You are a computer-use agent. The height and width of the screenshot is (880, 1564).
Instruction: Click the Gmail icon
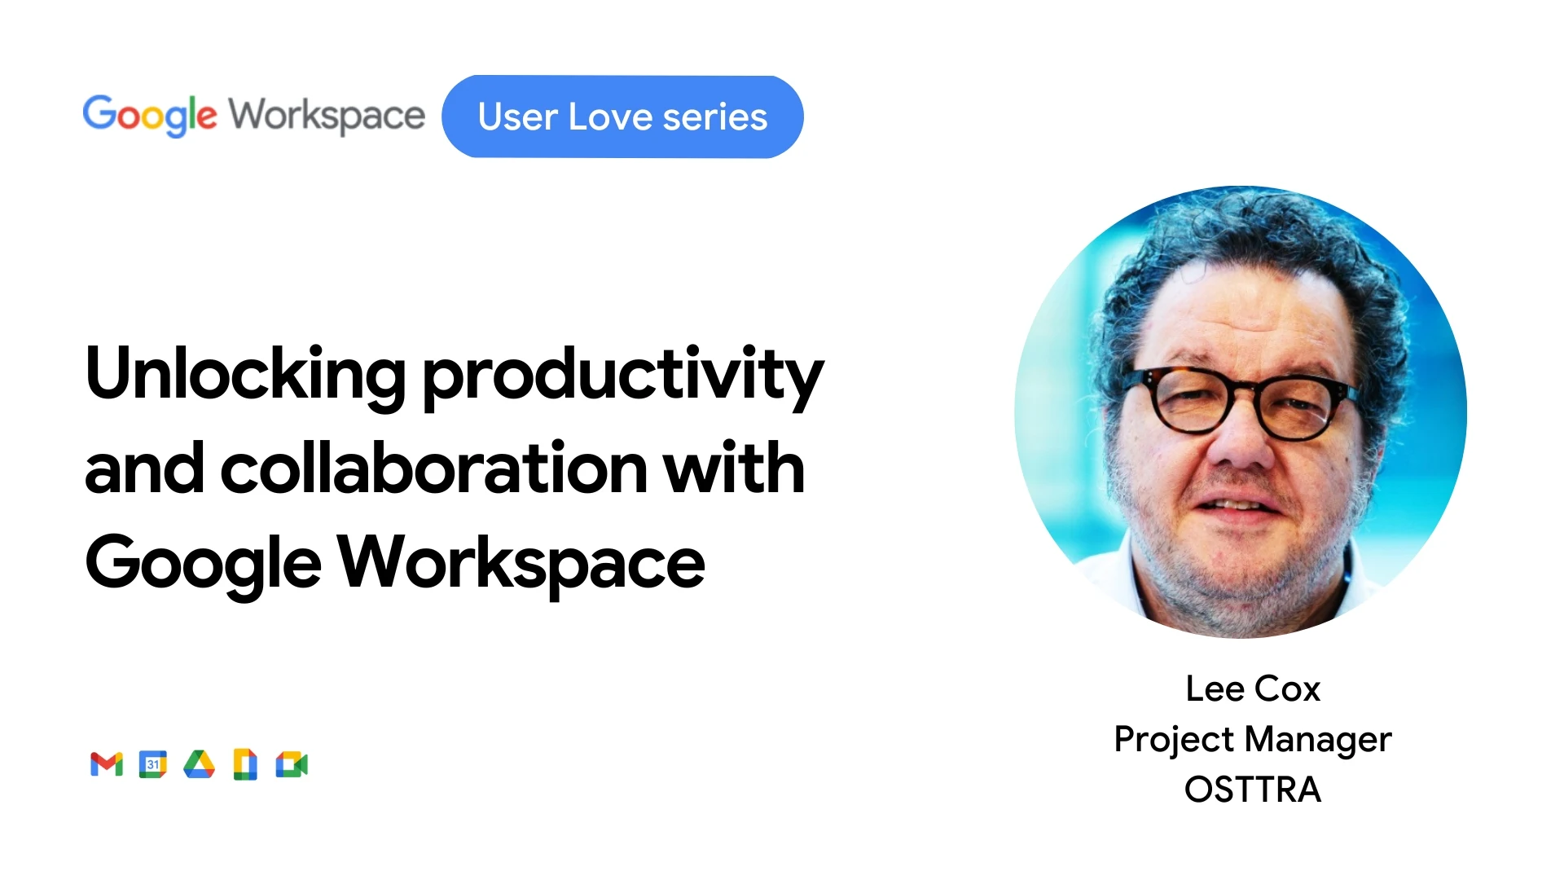[x=107, y=764]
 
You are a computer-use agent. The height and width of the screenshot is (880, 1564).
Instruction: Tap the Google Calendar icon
[x=153, y=764]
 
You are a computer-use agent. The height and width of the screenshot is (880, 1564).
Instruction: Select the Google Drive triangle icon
[x=199, y=764]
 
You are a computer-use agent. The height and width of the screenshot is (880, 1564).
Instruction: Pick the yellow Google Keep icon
[x=245, y=764]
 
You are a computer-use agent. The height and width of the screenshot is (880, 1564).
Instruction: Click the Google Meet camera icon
[x=292, y=764]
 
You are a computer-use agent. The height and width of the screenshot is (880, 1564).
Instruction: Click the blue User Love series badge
[x=622, y=117]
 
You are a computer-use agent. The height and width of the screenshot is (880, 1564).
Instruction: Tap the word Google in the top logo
[x=150, y=116]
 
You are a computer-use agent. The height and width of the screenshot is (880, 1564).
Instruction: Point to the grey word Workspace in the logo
[x=327, y=116]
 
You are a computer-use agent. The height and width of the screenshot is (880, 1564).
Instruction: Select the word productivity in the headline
[x=623, y=377]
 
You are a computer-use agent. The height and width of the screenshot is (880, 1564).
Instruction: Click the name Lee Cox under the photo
[x=1253, y=689]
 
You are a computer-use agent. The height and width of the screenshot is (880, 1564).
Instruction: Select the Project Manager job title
[x=1253, y=740]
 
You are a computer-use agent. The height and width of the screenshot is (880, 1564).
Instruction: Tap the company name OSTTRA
[x=1253, y=790]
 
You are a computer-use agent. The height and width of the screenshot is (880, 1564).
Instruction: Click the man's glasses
[x=1240, y=403]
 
